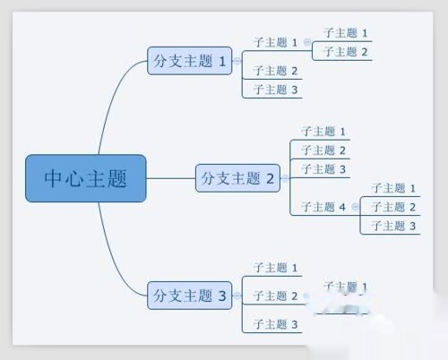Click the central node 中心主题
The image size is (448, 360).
(85, 178)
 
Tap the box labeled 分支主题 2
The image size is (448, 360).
(238, 178)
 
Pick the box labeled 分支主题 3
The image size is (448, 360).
(193, 294)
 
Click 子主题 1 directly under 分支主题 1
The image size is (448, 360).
(275, 42)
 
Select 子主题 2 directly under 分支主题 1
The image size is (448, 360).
(275, 71)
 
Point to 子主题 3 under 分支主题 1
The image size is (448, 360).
(275, 90)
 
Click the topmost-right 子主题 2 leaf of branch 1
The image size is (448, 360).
(346, 52)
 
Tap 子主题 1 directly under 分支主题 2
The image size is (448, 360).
(323, 132)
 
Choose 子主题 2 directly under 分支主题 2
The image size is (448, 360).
(323, 150)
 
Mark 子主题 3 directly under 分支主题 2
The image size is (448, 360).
(323, 169)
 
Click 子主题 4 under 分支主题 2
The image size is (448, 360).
(323, 207)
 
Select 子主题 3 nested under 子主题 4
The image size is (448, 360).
(394, 226)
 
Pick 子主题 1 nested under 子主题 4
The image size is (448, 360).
(394, 188)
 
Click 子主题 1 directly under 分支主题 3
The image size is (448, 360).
(275, 267)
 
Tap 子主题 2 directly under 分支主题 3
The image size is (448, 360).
(275, 296)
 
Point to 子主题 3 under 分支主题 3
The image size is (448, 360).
(275, 323)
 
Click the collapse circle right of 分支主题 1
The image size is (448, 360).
(237, 62)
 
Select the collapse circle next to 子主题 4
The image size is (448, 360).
(355, 207)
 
